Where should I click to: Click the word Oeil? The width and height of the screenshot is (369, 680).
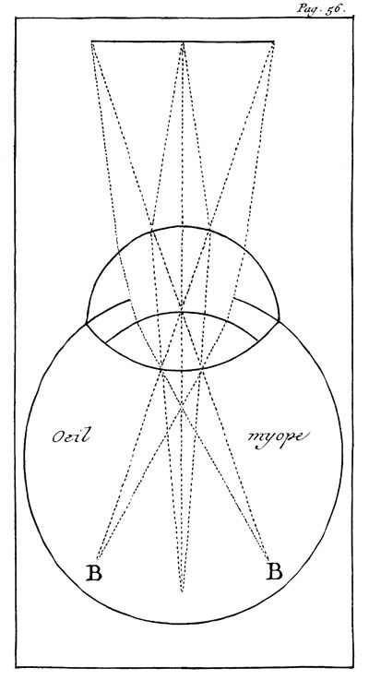tap(71, 436)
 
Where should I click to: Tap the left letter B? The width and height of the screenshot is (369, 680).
tap(94, 572)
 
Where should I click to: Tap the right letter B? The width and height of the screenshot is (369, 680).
tap(274, 571)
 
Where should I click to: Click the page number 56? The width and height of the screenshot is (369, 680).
tap(333, 7)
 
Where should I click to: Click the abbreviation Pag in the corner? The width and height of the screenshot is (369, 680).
tap(306, 8)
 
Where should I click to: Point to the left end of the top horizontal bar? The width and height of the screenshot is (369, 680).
tap(91, 42)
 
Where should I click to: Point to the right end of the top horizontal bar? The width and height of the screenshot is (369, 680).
tap(275, 42)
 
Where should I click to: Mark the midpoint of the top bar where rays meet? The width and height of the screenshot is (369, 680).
tap(183, 42)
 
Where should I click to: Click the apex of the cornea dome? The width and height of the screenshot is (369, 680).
tap(182, 226)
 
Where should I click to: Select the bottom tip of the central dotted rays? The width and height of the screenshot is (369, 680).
tap(182, 592)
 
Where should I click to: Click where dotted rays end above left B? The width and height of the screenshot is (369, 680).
tap(97, 558)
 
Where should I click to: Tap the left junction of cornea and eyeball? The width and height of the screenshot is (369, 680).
tap(87, 323)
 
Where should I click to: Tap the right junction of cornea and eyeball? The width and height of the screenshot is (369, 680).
tap(279, 321)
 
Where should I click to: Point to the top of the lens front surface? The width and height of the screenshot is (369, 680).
tap(182, 312)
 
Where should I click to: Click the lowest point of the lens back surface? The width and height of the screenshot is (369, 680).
tap(182, 370)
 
